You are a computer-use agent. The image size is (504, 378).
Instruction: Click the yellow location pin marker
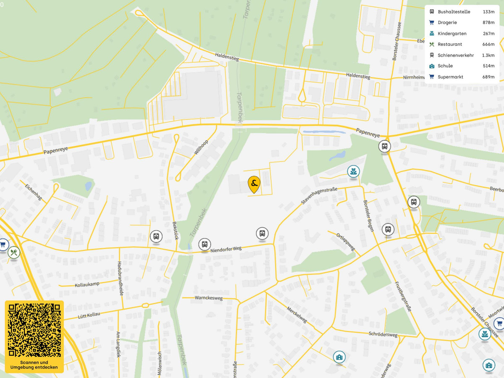pyautogui.click(x=254, y=184)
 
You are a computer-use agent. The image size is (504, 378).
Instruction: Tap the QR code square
pyautogui.click(x=34, y=330)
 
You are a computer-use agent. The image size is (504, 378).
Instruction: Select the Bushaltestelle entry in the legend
pyautogui.click(x=454, y=12)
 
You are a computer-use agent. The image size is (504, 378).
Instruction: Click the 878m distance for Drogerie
pyautogui.click(x=488, y=23)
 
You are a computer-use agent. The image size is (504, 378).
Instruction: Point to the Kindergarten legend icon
pyautogui.click(x=431, y=34)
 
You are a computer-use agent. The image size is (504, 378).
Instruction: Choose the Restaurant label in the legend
pyautogui.click(x=450, y=45)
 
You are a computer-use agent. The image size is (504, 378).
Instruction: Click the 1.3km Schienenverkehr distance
pyautogui.click(x=488, y=55)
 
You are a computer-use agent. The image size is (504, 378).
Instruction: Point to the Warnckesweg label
pyautogui.click(x=208, y=298)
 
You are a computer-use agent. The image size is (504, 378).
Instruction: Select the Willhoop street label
pyautogui.click(x=201, y=147)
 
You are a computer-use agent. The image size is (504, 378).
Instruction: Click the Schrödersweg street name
pyautogui.click(x=383, y=335)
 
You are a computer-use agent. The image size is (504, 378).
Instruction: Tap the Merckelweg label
pyautogui.click(x=297, y=313)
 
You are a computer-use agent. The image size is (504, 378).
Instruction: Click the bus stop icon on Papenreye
pyautogui.click(x=384, y=147)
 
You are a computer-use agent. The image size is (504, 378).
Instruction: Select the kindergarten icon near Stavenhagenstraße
pyautogui.click(x=353, y=171)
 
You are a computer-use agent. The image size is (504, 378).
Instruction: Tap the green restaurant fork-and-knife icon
pyautogui.click(x=14, y=252)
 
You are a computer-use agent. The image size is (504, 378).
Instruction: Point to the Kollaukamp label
pyautogui.click(x=87, y=285)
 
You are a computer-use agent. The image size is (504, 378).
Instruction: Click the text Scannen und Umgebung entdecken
pyautogui.click(x=34, y=365)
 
